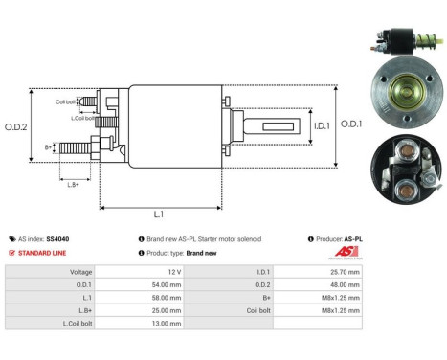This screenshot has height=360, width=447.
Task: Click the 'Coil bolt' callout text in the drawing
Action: click(66, 100)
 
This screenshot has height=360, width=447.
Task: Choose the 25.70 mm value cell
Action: click(342, 271)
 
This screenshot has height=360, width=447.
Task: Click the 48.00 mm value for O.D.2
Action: click(342, 284)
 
